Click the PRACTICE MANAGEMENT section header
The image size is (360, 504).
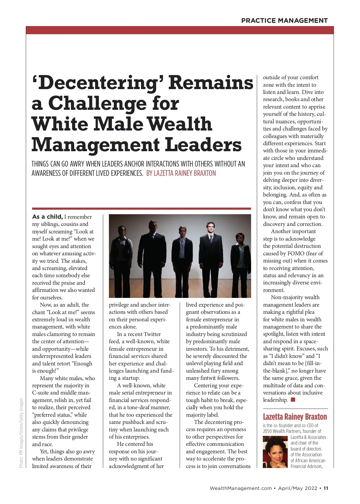point(284,20)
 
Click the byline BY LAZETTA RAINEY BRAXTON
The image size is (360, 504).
point(181,173)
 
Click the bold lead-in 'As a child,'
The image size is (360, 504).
point(47,217)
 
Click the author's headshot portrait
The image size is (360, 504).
point(275,452)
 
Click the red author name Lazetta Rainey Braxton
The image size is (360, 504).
point(295,417)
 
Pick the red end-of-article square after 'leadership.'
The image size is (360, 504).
point(293,400)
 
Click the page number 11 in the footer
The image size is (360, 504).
point(326,488)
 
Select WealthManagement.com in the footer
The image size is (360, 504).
point(241,488)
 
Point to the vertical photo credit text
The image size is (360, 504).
point(21,433)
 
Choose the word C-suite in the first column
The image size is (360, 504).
point(41,393)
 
